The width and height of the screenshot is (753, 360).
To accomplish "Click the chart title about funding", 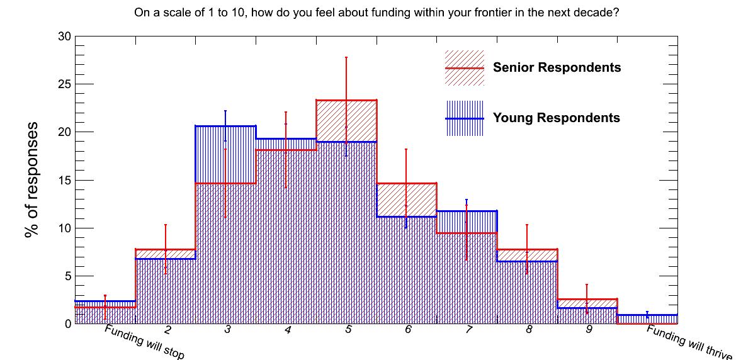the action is coord(376,13).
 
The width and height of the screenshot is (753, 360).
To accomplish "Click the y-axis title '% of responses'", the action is coord(32,180).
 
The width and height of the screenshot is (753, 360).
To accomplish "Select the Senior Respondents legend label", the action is coord(557,68).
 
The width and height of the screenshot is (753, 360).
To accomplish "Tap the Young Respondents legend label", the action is coord(557,118).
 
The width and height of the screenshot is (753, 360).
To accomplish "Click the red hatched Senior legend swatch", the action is coord(465,68).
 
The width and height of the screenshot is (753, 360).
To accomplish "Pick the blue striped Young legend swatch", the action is coord(465,118).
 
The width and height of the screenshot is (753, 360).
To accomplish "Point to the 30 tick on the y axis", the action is coord(65,37).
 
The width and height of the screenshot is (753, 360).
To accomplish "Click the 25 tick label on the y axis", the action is coord(65,84).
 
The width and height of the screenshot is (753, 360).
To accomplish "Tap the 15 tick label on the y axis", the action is coord(65,181).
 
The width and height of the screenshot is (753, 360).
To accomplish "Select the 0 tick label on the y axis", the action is coord(68,323).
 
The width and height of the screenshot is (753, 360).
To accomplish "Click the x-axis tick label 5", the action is coord(348,330).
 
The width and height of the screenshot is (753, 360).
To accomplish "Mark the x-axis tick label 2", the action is coord(167,330).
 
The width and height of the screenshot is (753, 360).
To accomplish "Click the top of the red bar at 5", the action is coord(346,100).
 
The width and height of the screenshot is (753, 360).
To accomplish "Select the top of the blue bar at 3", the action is coord(225,126).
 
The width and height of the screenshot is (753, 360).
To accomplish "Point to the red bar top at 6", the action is coord(407,183).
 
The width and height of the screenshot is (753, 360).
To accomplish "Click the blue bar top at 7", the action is coord(467,211).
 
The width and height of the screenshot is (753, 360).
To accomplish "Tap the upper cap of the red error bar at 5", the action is coord(346,58).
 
